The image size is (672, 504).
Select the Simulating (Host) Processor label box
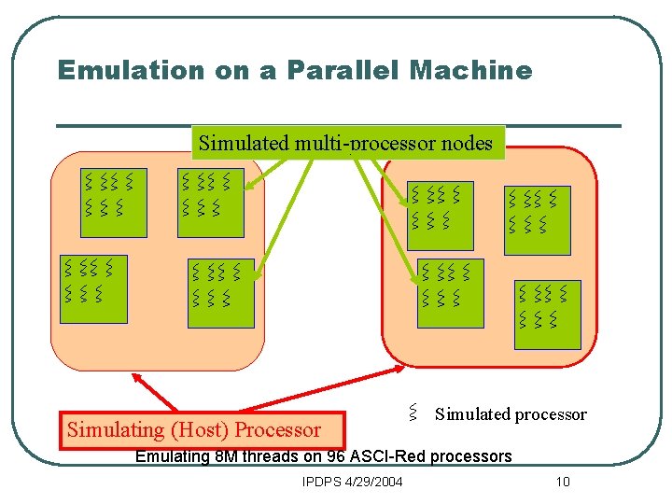point(203,429)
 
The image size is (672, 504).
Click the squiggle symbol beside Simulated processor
point(412,412)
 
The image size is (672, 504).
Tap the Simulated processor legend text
point(511,414)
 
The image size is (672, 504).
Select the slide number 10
point(562,482)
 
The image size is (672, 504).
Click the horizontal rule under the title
point(339,125)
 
